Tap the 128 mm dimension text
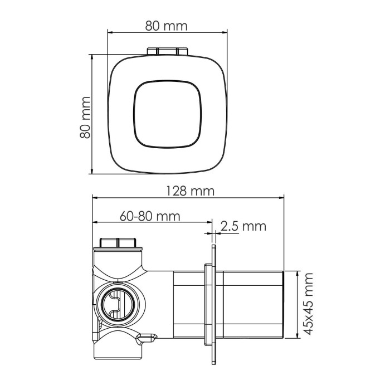coord(189,191)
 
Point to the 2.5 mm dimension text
coord(243,226)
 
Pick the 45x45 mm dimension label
coord(306,304)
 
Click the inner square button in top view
coord(167,115)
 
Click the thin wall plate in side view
coord(213,304)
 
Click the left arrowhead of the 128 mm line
coord(95,198)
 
